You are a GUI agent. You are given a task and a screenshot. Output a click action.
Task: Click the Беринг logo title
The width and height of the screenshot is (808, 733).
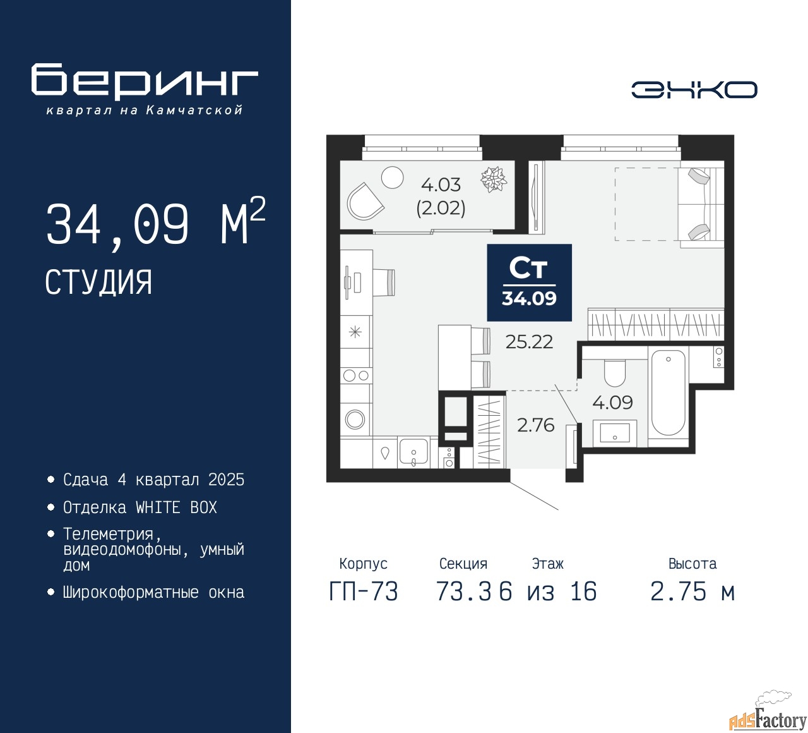coord(145,81)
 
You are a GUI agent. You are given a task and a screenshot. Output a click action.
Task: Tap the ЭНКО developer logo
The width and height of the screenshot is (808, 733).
coord(694,90)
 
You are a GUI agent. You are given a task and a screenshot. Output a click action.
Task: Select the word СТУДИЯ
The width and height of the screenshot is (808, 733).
coord(98,282)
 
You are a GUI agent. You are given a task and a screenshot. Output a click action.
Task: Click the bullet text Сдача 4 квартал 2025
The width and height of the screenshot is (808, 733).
coord(153,480)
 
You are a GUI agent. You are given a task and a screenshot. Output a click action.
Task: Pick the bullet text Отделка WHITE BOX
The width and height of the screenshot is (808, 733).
coord(140,507)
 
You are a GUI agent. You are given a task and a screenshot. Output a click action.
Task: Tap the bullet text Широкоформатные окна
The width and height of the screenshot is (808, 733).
coord(153,593)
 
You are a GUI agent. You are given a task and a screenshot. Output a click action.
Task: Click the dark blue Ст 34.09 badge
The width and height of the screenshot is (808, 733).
coord(529,282)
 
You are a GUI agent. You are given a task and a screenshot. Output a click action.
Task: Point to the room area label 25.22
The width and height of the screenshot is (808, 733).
coord(529,342)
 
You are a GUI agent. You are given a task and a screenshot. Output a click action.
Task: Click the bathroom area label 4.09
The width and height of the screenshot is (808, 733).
coord(612,403)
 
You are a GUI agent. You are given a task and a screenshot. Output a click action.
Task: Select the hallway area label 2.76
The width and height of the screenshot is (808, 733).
coord(535,425)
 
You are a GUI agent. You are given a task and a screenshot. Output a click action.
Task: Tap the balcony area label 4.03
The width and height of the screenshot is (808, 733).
coord(441,185)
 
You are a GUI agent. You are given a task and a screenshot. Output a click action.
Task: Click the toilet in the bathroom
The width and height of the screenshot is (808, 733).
coord(614,373)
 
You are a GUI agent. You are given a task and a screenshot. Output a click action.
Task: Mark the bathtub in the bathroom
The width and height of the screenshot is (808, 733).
coord(668,392)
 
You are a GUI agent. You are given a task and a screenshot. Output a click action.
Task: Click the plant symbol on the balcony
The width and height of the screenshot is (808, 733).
coord(494,179)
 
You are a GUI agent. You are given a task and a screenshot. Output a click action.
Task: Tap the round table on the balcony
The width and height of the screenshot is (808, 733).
coord(392,178)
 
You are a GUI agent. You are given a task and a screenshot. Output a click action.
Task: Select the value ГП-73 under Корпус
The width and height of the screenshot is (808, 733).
coord(364,592)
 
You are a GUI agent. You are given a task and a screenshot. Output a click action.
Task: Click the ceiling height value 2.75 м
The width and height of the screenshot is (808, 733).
coord(692,592)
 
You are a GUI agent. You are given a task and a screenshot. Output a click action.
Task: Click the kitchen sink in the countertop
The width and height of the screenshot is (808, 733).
coord(413,452)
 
